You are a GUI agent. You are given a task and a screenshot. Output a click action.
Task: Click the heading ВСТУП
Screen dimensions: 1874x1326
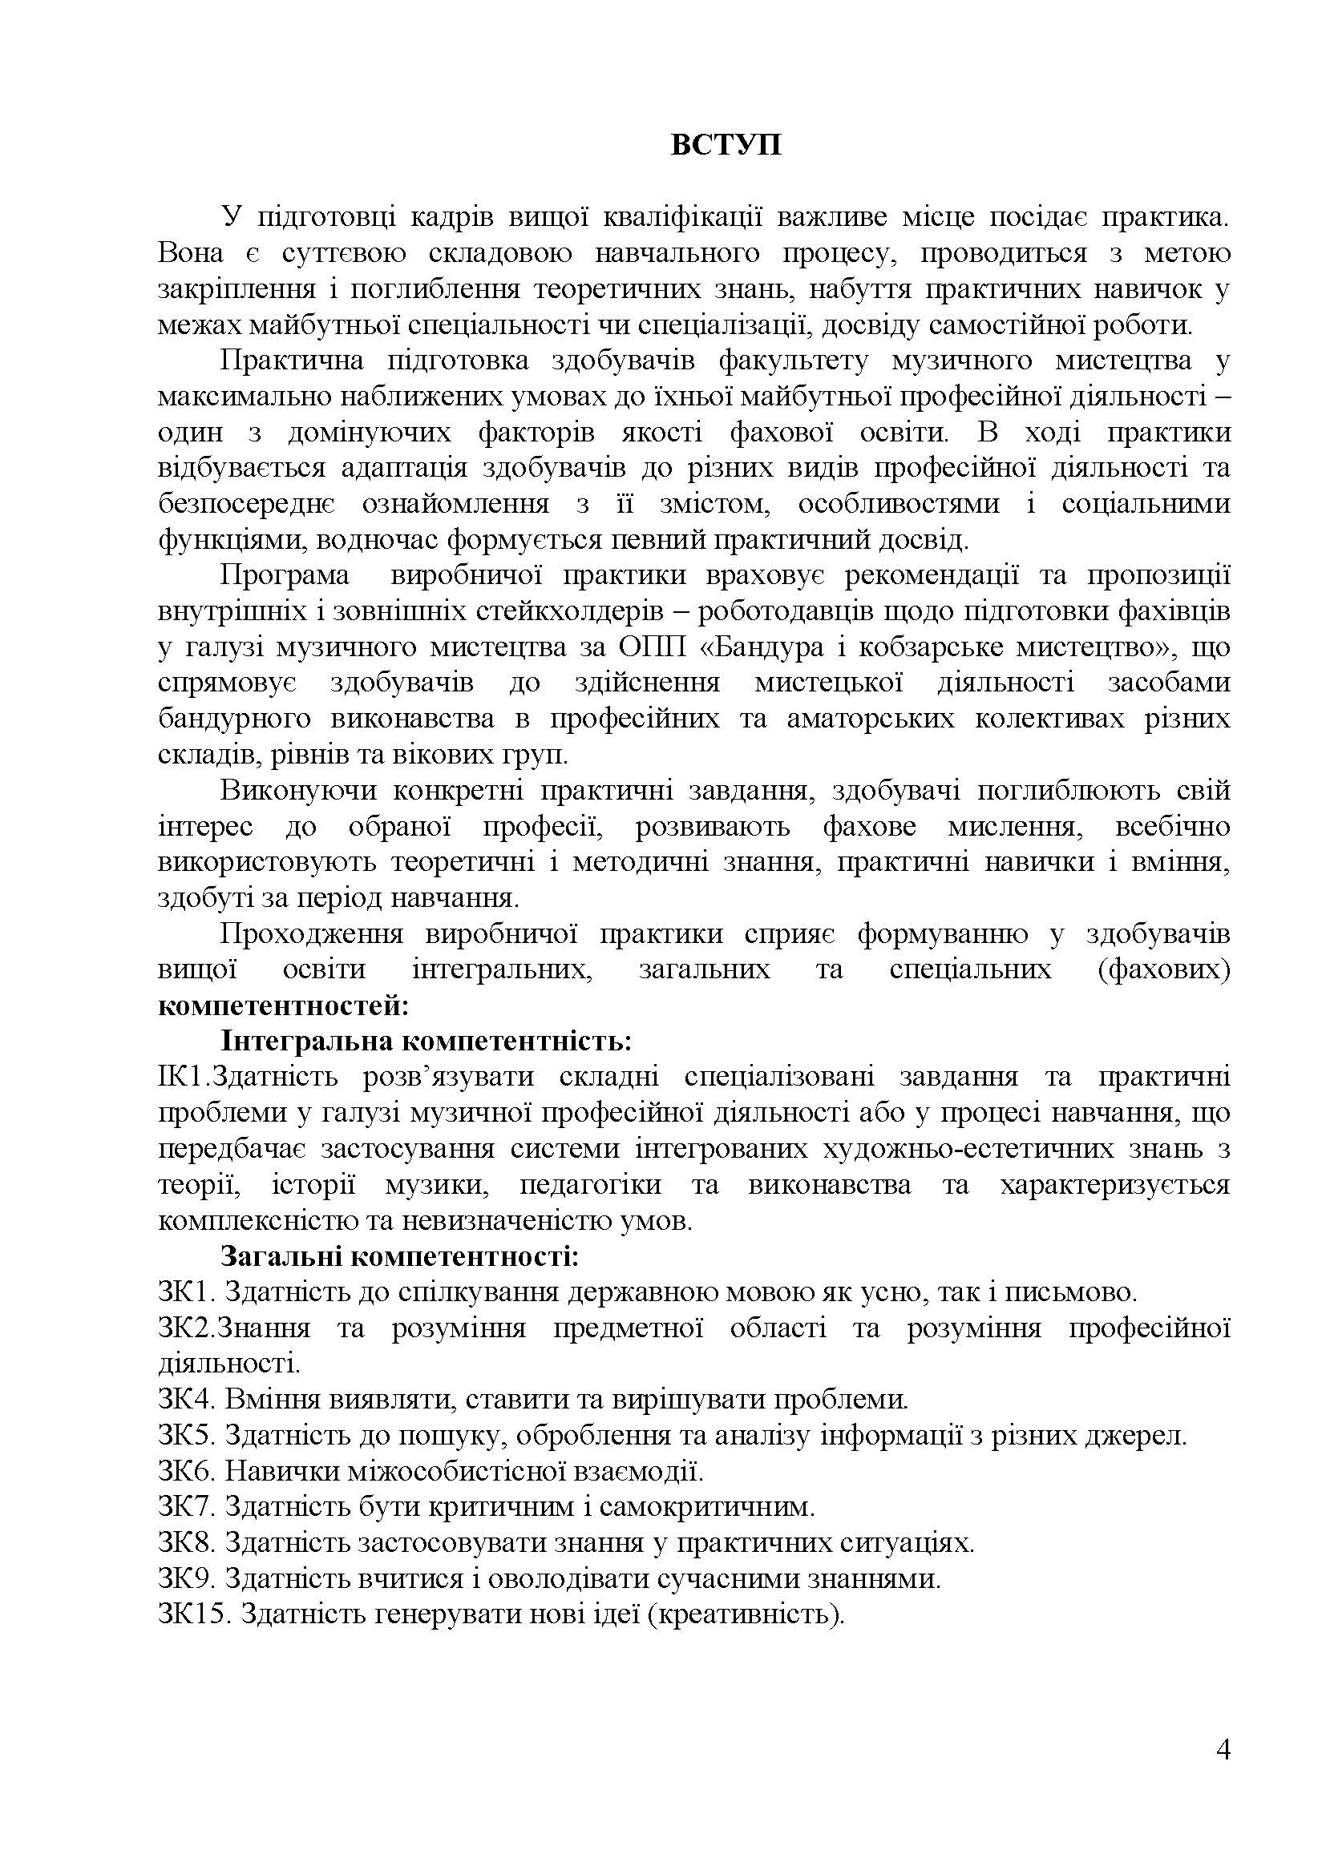(726, 145)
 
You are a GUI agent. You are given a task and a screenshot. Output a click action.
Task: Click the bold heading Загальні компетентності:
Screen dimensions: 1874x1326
(400, 1257)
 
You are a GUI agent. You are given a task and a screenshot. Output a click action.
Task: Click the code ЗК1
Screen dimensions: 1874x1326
(185, 1293)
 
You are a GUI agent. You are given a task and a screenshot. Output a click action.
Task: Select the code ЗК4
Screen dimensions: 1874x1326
(185, 1400)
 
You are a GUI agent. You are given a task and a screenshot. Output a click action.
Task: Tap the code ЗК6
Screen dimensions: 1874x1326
(185, 1473)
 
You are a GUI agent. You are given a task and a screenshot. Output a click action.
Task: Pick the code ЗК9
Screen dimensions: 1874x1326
(185, 1580)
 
